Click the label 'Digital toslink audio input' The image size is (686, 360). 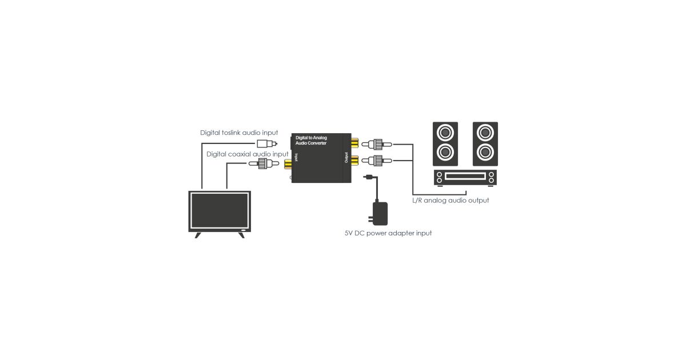tap(238, 133)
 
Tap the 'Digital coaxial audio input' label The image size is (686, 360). tap(247, 154)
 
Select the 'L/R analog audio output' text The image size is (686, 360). tap(450, 201)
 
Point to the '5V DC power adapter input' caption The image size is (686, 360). tap(388, 233)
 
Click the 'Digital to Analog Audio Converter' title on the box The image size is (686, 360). tap(312, 140)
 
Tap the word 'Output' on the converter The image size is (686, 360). tap(346, 157)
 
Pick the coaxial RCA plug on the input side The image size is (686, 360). tap(262, 165)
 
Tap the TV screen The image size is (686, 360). tap(220, 210)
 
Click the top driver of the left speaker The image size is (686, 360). tap(445, 134)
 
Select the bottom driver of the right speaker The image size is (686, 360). tap(485, 152)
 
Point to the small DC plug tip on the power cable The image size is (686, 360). tap(369, 177)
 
